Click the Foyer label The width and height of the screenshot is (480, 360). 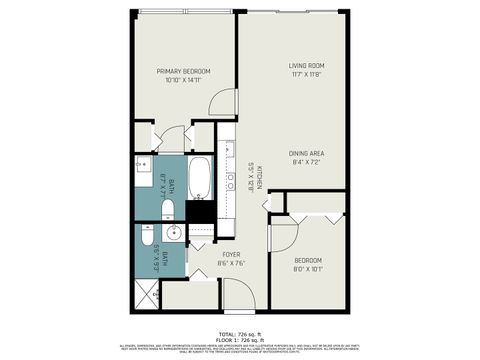point(231,255)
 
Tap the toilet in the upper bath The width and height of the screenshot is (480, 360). point(168,209)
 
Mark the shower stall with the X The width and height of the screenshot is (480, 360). point(146,295)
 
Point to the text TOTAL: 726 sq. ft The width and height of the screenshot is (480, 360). point(240,332)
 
